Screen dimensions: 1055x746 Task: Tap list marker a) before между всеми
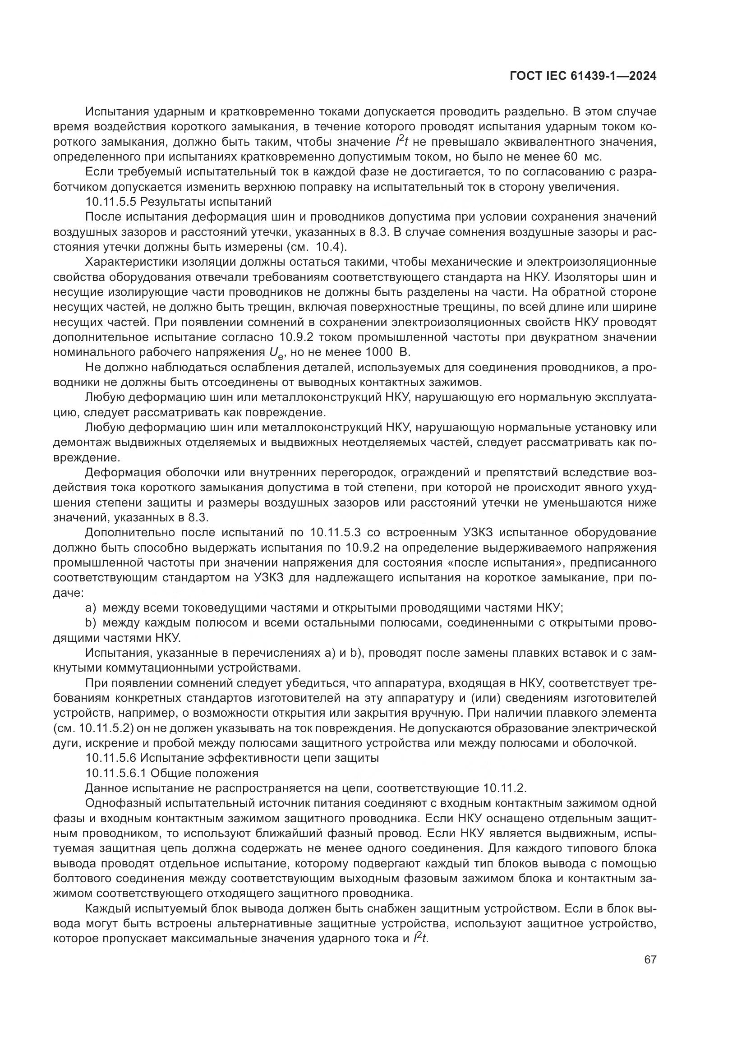coord(91,608)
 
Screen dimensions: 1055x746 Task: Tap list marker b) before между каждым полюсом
coord(91,623)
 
